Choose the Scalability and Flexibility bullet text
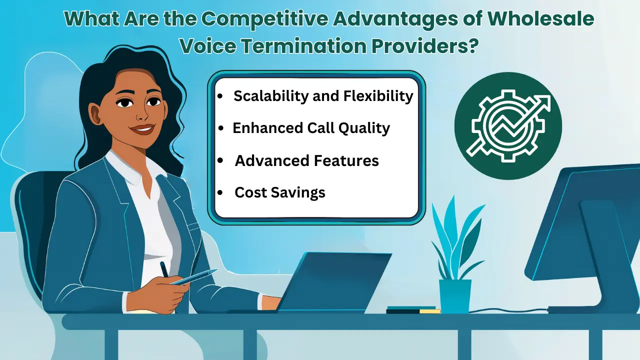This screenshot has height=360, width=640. coord(323,96)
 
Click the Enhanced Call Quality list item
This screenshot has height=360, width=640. coord(311,128)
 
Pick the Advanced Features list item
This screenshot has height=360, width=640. coord(306,160)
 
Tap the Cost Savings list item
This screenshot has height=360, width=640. coord(280,192)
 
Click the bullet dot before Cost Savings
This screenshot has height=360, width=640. coord(220,193)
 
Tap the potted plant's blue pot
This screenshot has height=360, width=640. coord(455,295)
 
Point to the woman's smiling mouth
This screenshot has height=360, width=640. coord(142,129)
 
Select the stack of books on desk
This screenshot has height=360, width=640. coord(413,310)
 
